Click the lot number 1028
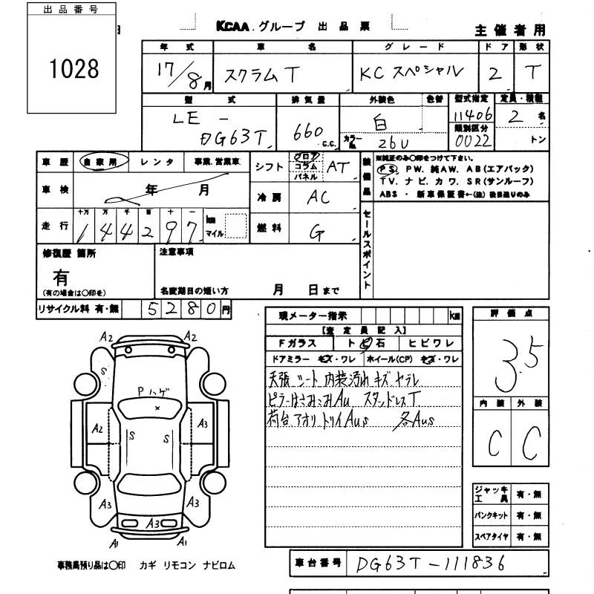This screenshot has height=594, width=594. coord(74,69)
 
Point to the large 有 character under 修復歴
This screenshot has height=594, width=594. coord(61,278)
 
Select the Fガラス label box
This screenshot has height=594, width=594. coord(298,343)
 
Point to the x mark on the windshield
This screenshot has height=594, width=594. coord(157,408)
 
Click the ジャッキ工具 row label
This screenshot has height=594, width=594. coord(492,493)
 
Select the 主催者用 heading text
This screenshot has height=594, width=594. coord(509,30)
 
